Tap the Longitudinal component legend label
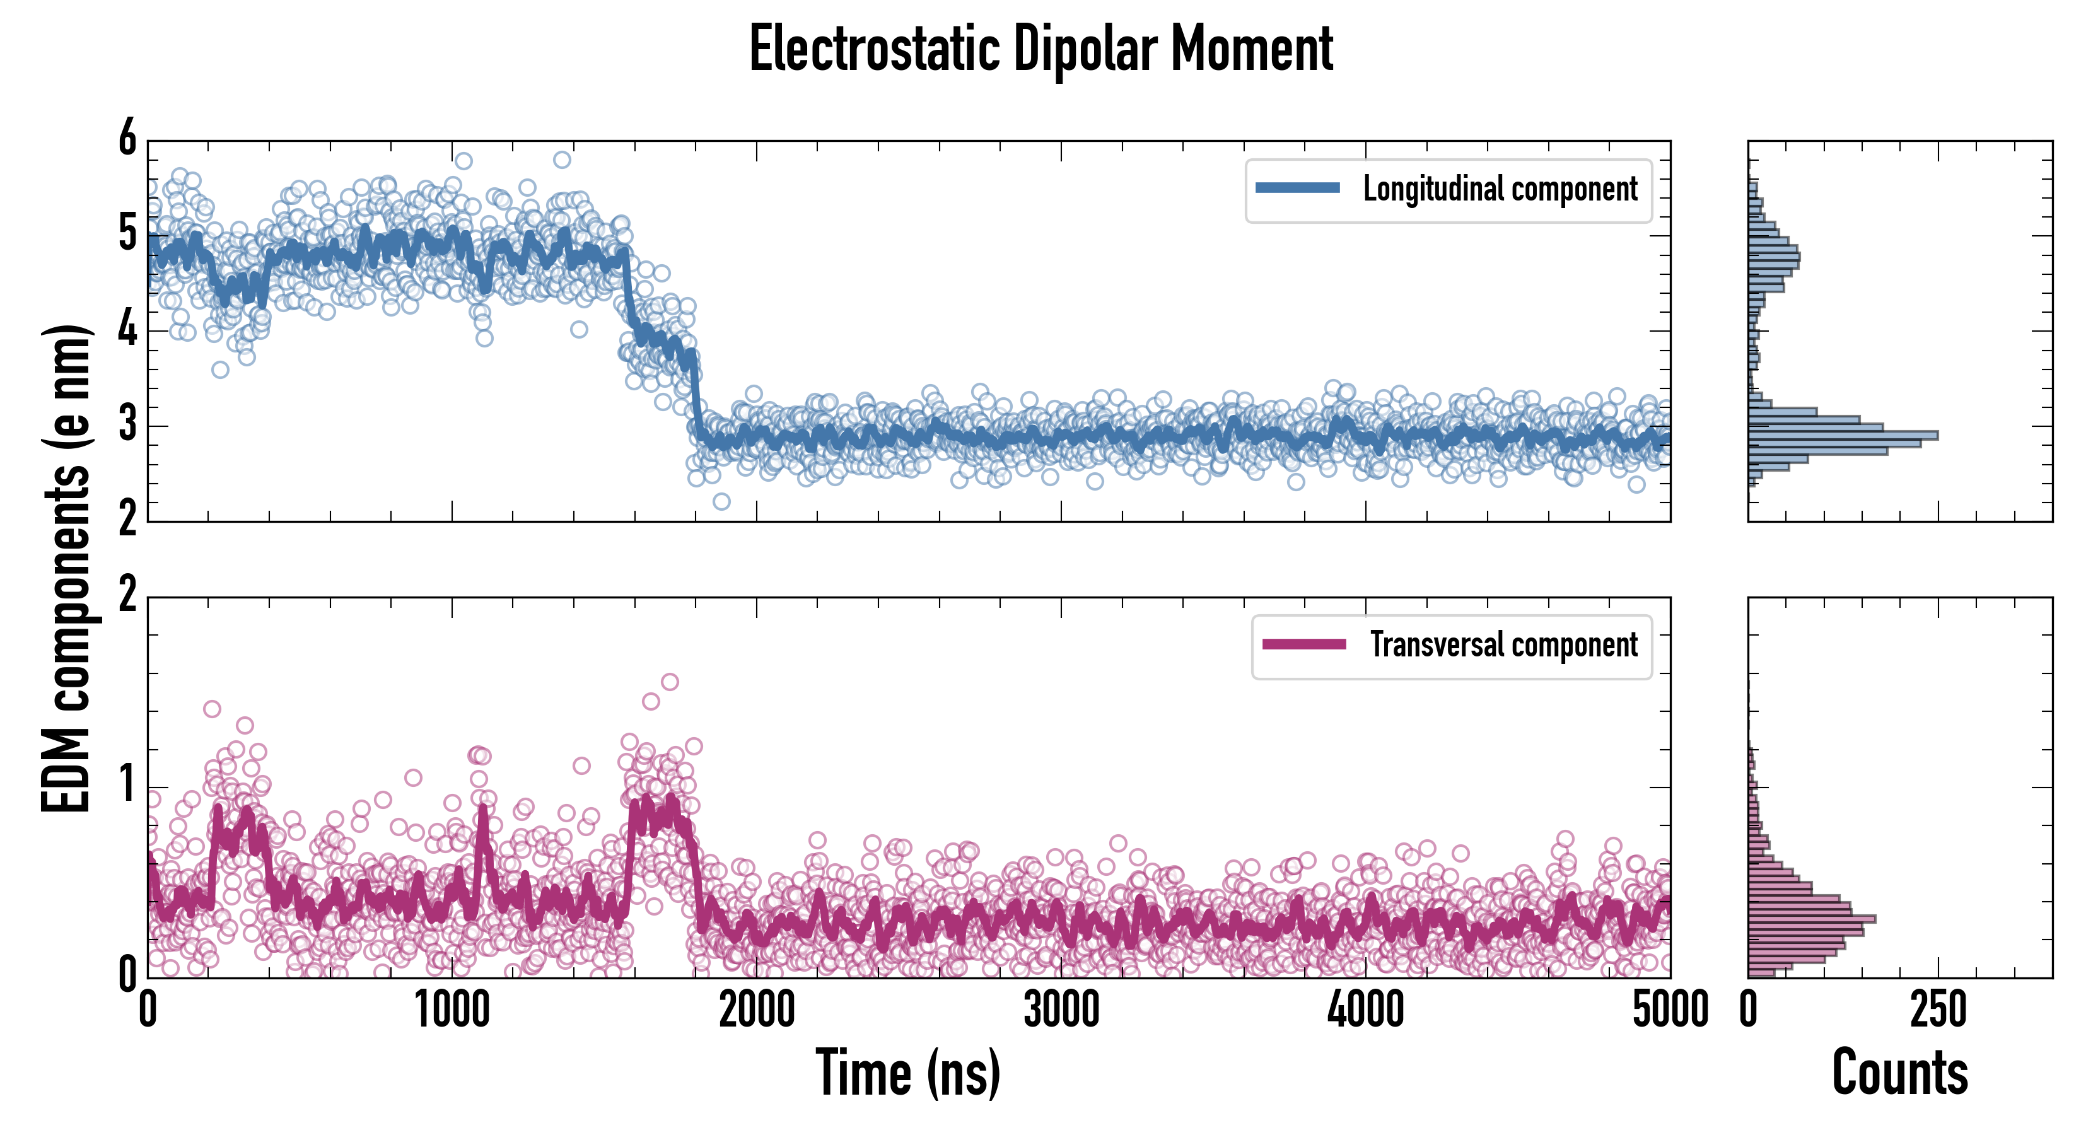(x=1500, y=189)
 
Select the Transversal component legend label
(x=1503, y=646)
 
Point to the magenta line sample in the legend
(x=1304, y=644)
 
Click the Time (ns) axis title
(x=908, y=1073)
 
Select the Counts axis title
(x=1899, y=1073)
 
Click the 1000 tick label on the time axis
(x=452, y=1010)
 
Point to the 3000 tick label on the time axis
(x=1061, y=1010)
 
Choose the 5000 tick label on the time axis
(x=1670, y=1010)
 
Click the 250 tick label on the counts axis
(x=1938, y=1010)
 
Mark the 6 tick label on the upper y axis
(x=127, y=139)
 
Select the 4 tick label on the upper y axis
(x=127, y=330)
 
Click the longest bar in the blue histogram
(x=1842, y=436)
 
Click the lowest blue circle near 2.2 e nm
(x=721, y=502)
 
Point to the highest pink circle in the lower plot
(x=670, y=682)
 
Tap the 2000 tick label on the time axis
(x=757, y=1010)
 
